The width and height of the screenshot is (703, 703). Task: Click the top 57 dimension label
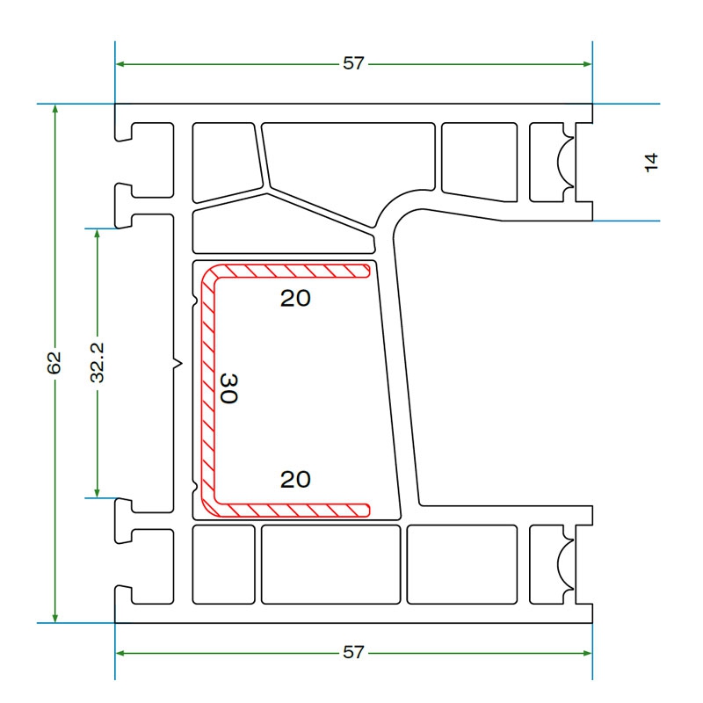click(x=353, y=63)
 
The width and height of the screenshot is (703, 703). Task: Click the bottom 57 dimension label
click(x=353, y=652)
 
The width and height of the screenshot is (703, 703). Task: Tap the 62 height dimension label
click(x=54, y=363)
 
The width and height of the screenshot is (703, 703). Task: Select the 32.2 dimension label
click(x=97, y=363)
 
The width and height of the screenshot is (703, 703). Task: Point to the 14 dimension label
click(x=651, y=163)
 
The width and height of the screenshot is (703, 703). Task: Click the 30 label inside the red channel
click(x=229, y=388)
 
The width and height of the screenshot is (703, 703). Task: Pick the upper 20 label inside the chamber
click(x=295, y=299)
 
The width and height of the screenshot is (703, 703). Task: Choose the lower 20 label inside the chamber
click(x=295, y=480)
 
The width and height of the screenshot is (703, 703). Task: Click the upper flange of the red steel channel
click(x=292, y=271)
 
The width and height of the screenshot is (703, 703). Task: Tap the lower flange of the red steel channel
click(x=292, y=511)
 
